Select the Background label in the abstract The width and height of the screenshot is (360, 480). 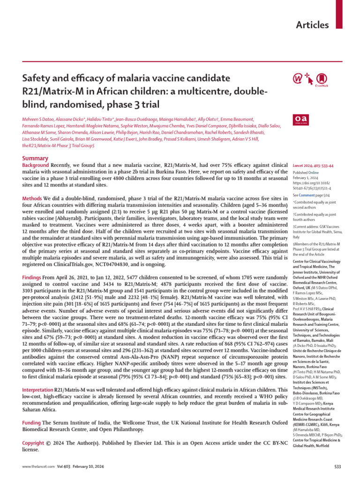[36, 165]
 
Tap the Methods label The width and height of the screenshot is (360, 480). [32, 199]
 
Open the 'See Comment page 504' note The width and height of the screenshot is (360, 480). [310, 194]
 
